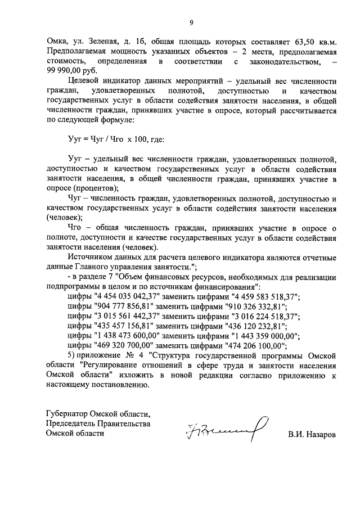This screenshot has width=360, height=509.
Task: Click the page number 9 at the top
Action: [x=191, y=22]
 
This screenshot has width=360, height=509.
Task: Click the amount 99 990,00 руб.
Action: [x=72, y=70]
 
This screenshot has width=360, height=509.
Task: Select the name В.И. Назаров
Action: [x=310, y=434]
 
